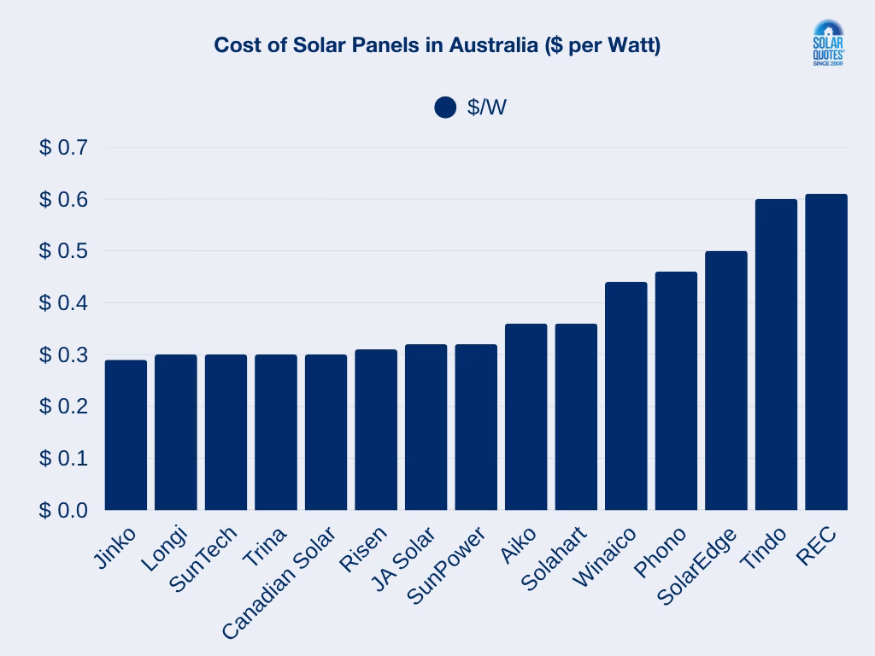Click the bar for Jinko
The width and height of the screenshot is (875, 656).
126,435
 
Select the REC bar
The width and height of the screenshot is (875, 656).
826,352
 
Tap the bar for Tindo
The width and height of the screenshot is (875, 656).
776,354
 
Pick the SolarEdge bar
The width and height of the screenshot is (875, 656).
726,380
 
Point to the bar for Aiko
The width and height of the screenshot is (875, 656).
526,417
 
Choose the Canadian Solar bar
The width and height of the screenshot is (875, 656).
326,432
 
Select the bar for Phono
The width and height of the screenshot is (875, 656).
676,390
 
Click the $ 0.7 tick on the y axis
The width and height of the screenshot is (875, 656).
63,148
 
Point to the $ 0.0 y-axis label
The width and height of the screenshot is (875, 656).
63,510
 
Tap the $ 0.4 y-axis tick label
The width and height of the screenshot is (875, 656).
63,303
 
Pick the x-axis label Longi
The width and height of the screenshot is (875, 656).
164,549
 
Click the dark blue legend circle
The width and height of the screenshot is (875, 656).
445,108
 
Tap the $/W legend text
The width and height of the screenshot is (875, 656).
487,108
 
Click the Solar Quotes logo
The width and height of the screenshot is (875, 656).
826,44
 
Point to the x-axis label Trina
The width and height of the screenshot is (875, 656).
265,548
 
